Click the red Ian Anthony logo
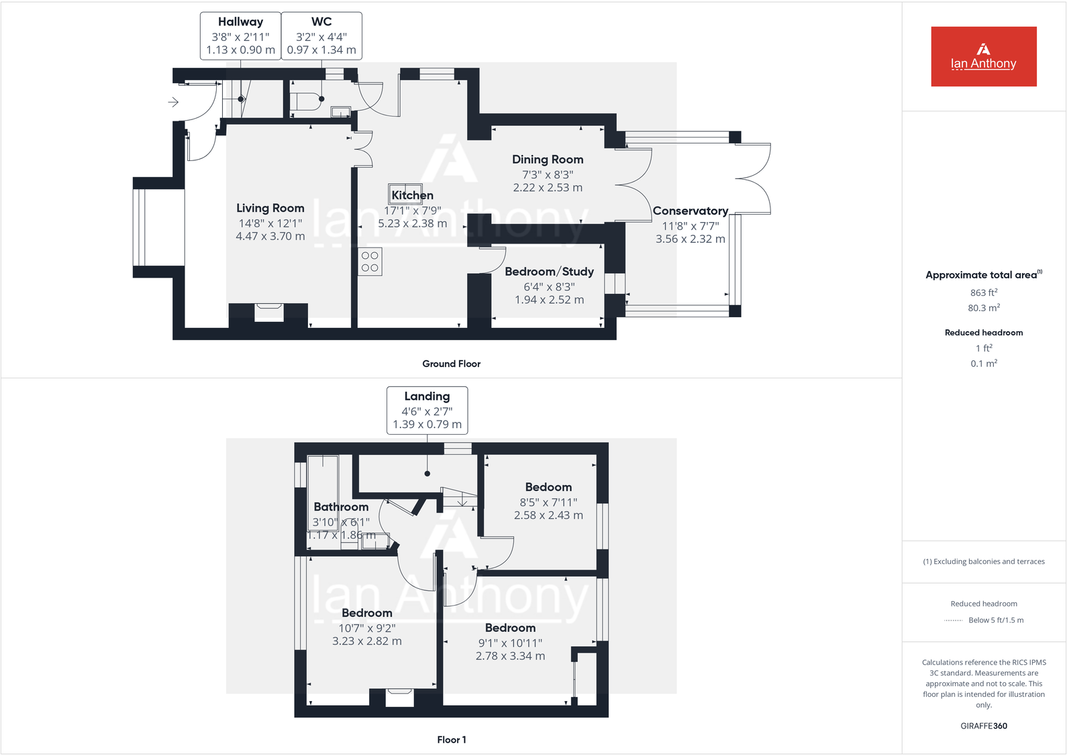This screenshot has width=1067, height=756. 983,56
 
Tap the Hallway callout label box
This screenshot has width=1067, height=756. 240,36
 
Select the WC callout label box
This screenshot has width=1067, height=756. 321,36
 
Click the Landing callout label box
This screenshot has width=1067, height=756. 427,410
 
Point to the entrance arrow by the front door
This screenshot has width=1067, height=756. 173,102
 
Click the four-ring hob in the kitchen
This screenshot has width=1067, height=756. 370,262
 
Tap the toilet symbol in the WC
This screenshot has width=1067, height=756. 307,101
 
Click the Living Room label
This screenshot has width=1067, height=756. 270,208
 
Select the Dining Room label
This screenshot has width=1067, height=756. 548,160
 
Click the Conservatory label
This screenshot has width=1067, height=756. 690,211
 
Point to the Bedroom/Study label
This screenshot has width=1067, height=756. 549,272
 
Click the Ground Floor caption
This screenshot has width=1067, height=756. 451,364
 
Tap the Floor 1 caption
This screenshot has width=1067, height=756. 451,739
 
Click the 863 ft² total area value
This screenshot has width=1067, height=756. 983,292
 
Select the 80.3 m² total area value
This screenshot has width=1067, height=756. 983,308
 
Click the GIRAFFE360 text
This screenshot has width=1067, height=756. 983,726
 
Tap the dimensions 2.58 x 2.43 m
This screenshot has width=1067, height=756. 548,515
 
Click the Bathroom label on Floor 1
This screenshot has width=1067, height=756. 341,507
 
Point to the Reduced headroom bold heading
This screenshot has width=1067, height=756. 983,333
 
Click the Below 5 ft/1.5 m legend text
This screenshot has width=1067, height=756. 995,620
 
